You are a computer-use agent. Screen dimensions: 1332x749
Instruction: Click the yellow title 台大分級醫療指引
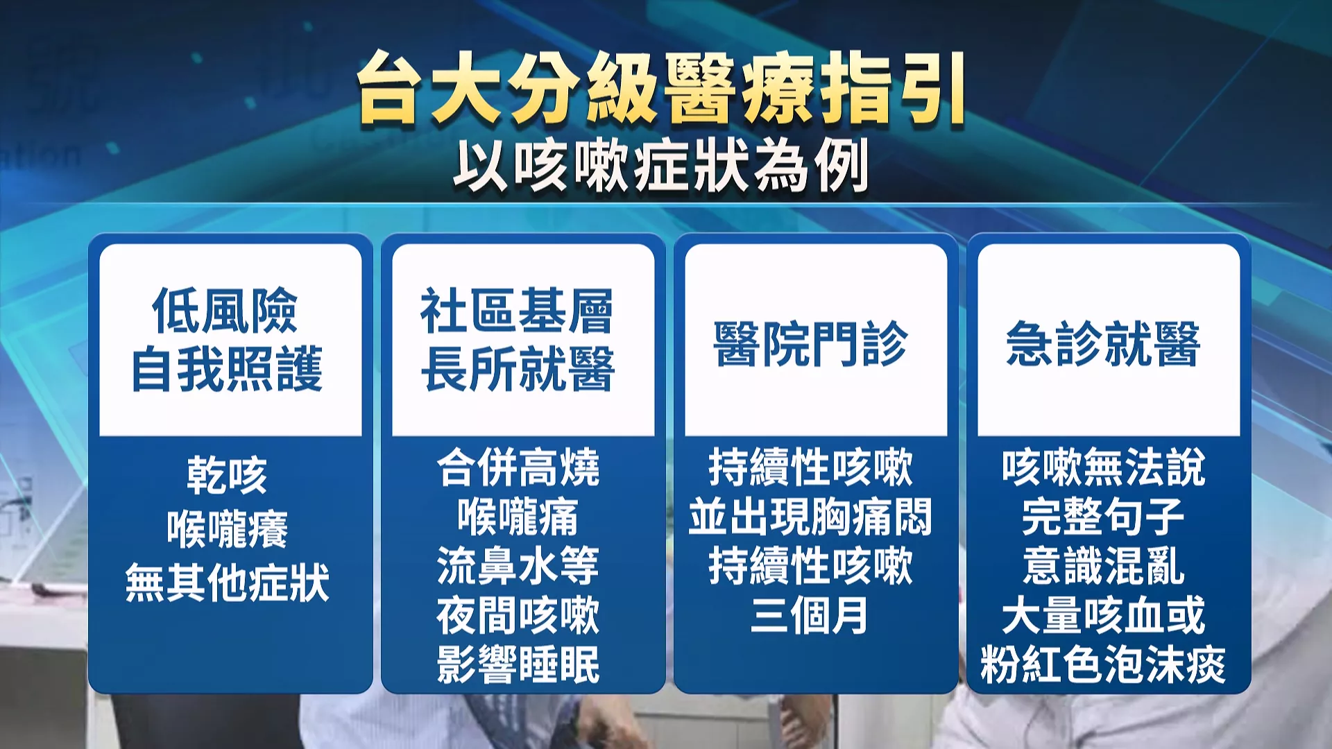661,89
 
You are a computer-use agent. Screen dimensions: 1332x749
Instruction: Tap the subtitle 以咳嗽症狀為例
661,166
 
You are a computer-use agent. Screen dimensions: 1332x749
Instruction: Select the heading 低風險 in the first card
225,311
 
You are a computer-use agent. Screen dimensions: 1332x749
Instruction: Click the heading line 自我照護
228,369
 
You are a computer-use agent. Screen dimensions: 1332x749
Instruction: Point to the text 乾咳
227,476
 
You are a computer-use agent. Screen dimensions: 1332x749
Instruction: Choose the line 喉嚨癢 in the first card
227,529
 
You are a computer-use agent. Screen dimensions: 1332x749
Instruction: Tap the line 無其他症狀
227,582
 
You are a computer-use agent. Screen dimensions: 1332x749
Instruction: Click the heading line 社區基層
518,311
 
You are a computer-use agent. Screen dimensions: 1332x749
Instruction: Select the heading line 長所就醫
518,369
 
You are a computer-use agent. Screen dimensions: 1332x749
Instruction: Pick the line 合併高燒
518,467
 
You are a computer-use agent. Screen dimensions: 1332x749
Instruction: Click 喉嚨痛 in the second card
518,517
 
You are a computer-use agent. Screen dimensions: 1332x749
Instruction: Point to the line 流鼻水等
518,566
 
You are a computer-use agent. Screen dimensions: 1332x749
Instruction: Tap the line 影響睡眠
518,664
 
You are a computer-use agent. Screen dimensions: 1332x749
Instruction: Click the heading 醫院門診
811,343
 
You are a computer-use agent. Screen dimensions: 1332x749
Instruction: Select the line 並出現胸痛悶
810,517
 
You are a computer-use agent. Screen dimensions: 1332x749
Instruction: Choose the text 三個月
810,615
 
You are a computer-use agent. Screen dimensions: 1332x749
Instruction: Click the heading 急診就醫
1104,343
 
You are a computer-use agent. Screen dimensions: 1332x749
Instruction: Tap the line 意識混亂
1104,566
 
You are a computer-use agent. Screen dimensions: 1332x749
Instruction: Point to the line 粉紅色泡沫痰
1103,664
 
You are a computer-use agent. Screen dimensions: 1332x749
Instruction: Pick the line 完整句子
1104,517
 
